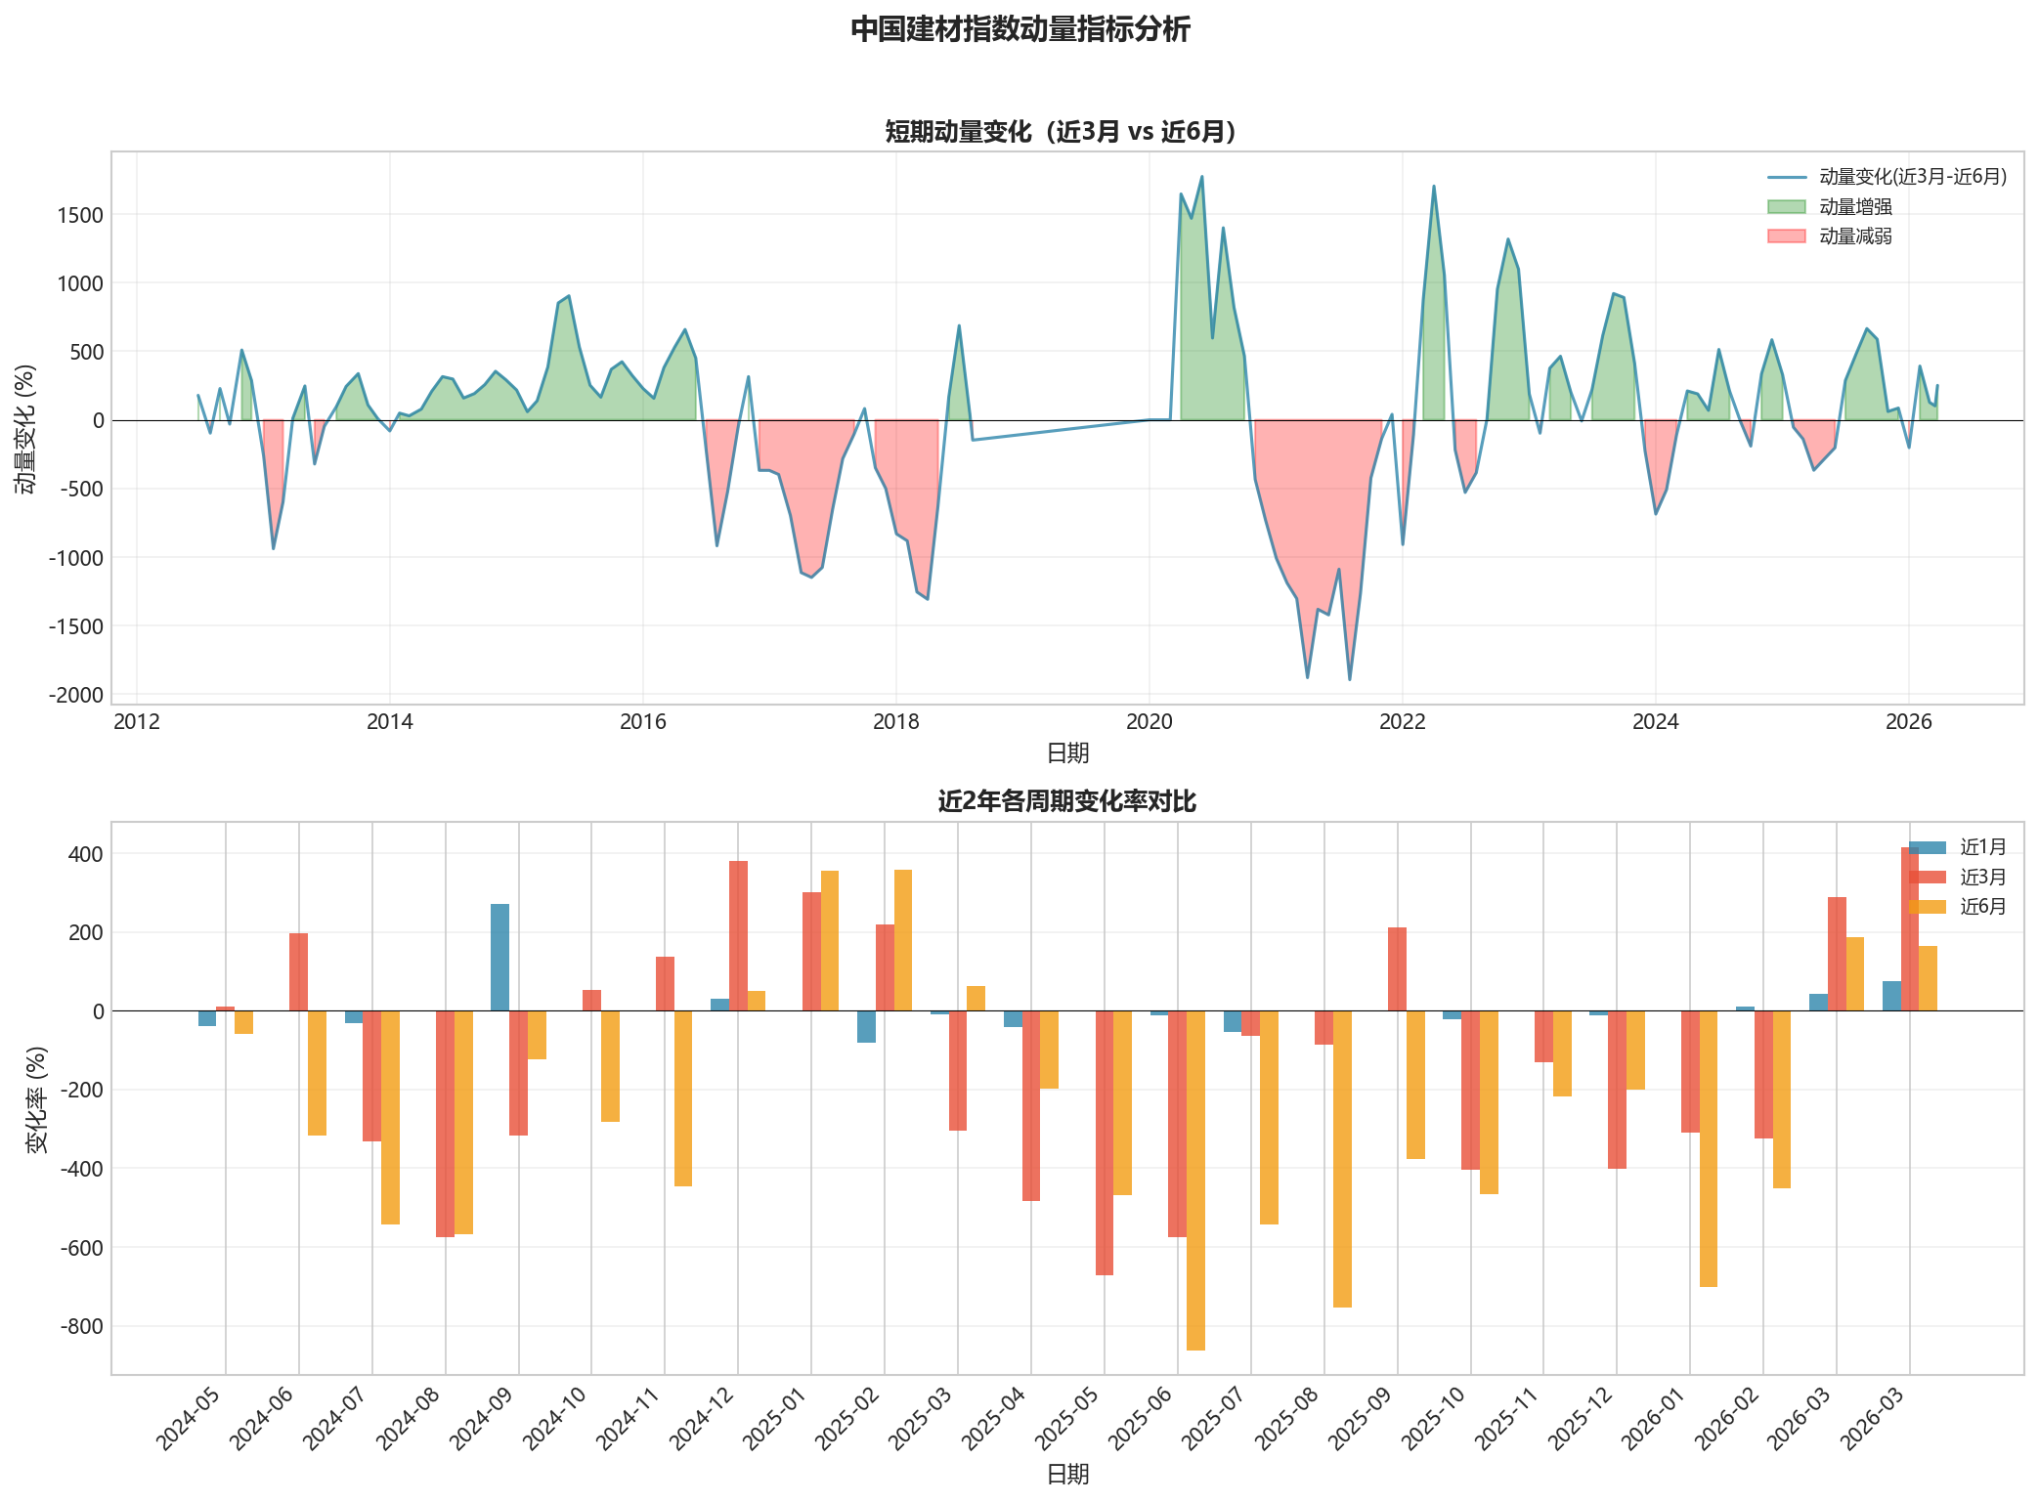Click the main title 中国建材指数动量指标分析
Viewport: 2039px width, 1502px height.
(x=1019, y=29)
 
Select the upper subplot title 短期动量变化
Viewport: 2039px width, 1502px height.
(x=1062, y=132)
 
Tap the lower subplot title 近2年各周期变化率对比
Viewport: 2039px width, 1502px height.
(x=1066, y=802)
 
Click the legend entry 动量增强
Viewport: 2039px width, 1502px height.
(x=1854, y=206)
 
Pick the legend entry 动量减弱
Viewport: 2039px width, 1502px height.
(x=1854, y=236)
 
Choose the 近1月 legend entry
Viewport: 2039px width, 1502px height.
(x=1982, y=847)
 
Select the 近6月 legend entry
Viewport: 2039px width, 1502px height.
(x=1982, y=907)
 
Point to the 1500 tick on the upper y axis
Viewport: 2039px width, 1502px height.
(x=81, y=215)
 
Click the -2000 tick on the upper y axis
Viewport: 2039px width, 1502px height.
(x=77, y=695)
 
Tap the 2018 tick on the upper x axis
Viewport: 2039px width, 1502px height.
(x=896, y=722)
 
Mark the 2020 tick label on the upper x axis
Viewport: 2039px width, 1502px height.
(x=1150, y=722)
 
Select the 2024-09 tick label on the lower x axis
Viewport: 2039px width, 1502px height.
(x=485, y=1417)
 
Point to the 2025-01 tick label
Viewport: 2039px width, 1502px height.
(x=777, y=1417)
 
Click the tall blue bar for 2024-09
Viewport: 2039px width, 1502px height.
(x=499, y=958)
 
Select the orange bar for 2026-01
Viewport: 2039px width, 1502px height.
(x=1708, y=1148)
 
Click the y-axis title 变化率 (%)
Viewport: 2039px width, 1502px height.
(x=37, y=1098)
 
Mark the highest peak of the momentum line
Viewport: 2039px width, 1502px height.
(x=1201, y=178)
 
